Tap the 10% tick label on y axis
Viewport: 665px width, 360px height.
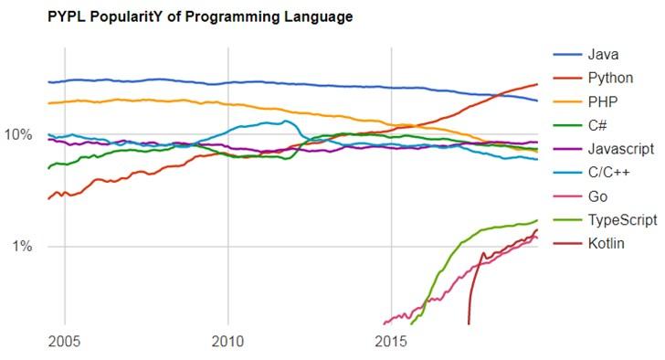point(20,135)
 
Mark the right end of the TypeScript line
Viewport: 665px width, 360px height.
point(537,220)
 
